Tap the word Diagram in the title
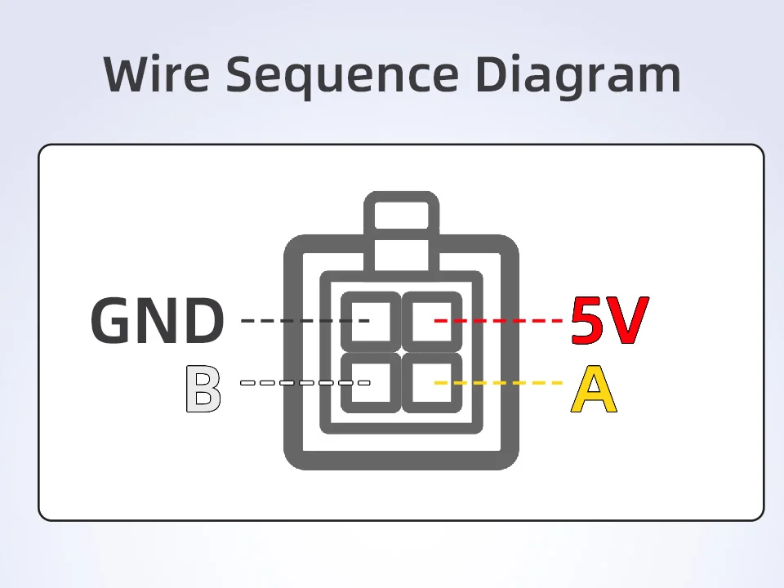[x=578, y=75]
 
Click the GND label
[x=157, y=320]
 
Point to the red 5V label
[x=609, y=320]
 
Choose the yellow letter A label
[x=594, y=390]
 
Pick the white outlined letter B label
[x=203, y=390]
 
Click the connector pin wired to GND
[x=371, y=319]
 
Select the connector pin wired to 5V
[x=432, y=319]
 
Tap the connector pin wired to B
[x=371, y=382]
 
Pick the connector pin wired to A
[x=432, y=382]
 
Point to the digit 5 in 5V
[x=588, y=320]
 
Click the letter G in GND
[x=114, y=320]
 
